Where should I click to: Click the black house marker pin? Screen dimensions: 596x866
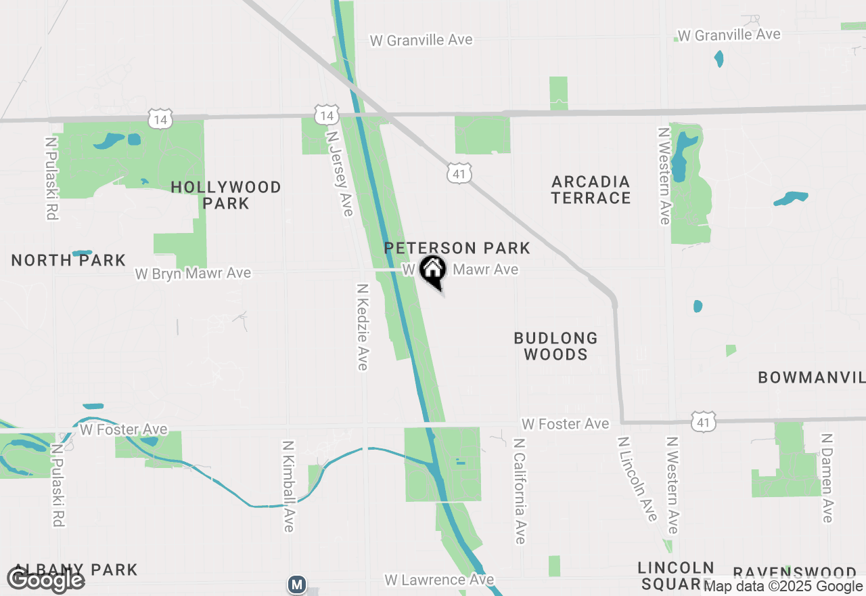point(433,270)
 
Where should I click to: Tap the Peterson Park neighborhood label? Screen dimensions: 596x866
point(457,248)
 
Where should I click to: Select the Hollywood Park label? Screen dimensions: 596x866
point(226,195)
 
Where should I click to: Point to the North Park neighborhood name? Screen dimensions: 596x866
point(68,260)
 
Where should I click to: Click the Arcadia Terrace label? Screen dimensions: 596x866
point(591,190)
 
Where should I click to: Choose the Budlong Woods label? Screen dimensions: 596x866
point(555,346)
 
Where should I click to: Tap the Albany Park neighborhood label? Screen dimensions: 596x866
point(74,570)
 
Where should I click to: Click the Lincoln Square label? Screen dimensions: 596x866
point(676,575)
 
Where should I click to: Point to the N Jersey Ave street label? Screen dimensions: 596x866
point(340,172)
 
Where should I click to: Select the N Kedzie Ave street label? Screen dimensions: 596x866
point(363,326)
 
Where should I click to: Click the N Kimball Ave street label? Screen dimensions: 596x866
point(289,486)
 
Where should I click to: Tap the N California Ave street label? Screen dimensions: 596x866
point(520,491)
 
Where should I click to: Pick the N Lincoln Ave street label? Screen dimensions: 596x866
point(638,479)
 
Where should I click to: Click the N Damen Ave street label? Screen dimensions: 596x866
point(826,479)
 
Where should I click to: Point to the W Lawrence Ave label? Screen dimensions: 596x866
point(439,580)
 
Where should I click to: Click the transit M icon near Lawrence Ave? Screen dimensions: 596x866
point(296,584)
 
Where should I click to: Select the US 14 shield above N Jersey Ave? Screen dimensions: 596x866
point(327,115)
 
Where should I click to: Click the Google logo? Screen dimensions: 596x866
point(45,580)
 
